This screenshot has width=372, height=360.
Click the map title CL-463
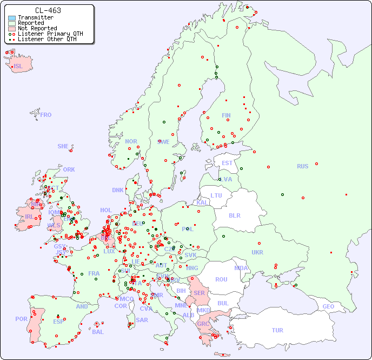(48, 10)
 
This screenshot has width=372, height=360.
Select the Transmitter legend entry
(35, 17)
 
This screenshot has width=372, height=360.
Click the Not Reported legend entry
(37, 28)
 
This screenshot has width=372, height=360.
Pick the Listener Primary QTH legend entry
(50, 34)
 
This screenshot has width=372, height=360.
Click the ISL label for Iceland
(18, 67)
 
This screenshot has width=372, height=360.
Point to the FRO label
(46, 115)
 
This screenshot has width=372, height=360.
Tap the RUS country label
(302, 167)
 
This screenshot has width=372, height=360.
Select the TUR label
(277, 330)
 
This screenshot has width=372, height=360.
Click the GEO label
(328, 306)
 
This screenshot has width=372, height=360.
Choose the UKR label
(257, 252)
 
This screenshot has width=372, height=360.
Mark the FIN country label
(226, 115)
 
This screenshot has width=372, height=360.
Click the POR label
(21, 319)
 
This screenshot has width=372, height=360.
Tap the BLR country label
(234, 215)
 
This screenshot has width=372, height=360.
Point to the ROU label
(221, 279)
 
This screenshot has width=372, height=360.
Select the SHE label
(63, 146)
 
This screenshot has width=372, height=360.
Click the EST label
(227, 163)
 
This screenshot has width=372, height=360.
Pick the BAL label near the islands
(98, 332)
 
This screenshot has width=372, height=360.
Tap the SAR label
(142, 320)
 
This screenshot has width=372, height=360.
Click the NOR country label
(131, 141)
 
